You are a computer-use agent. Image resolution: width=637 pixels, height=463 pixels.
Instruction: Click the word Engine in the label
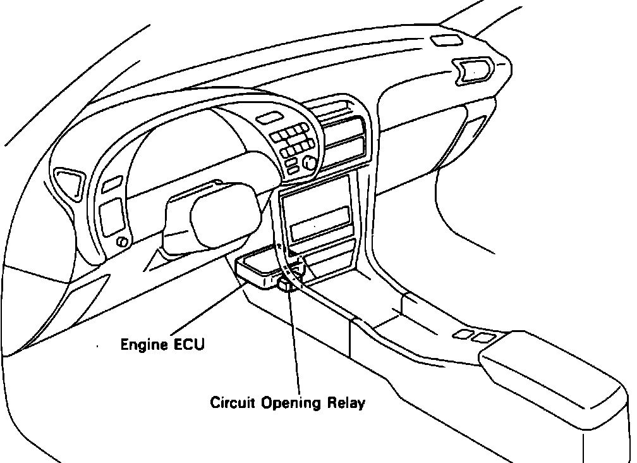(x=140, y=345)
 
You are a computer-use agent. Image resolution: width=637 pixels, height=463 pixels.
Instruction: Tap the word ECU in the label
(x=183, y=345)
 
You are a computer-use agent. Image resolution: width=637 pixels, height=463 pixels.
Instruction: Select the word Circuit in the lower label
(x=232, y=402)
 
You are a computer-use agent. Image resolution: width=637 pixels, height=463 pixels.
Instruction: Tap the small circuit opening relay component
(x=286, y=283)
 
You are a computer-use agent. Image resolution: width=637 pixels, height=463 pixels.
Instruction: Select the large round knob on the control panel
(x=310, y=163)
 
